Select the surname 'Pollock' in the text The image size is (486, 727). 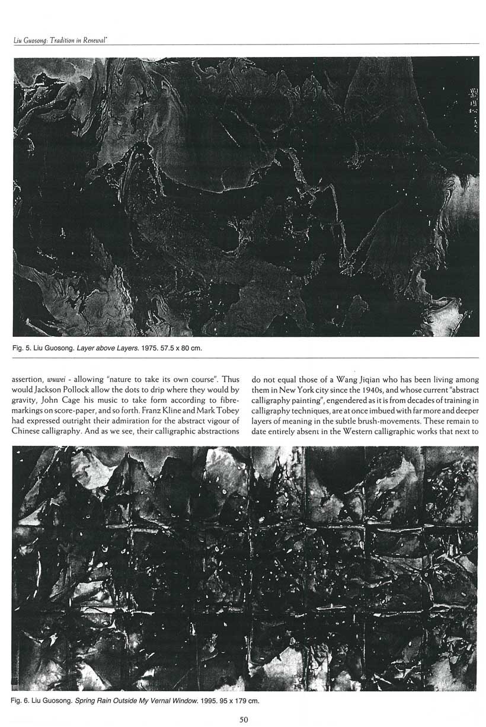[84, 390]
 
